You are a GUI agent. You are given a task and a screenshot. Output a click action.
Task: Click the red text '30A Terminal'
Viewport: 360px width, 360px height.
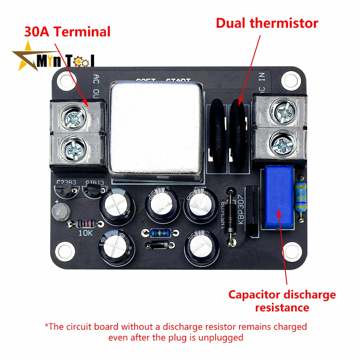coord(67,32)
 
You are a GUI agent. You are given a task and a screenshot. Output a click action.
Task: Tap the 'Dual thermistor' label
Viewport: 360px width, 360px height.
coord(267,23)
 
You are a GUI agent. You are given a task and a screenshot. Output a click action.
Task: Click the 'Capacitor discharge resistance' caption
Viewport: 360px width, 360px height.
coord(282,301)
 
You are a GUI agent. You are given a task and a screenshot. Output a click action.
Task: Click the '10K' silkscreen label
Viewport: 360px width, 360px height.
coord(86,233)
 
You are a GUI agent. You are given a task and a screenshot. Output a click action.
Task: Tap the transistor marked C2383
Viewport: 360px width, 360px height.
coord(66,191)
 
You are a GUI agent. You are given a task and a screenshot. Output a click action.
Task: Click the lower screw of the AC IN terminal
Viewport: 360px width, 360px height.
coord(283,143)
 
